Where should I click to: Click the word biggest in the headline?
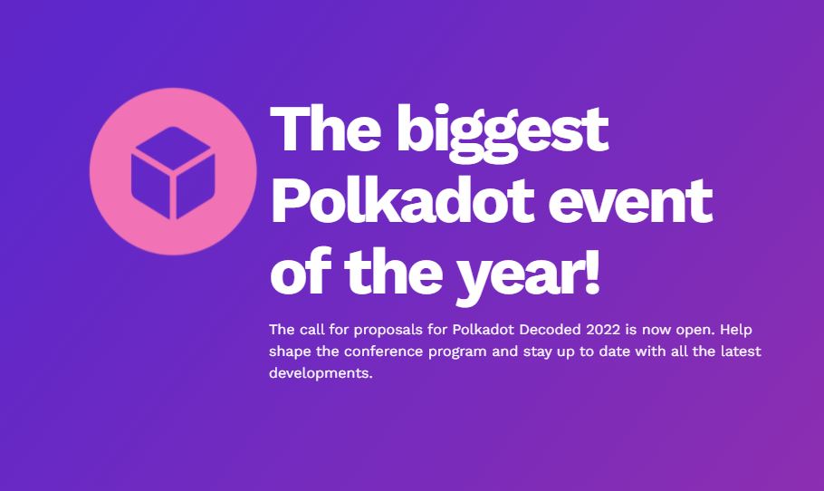click(503, 132)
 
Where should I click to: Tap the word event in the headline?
click(630, 202)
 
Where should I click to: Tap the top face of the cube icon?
click(172, 149)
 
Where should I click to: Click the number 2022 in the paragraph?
click(603, 330)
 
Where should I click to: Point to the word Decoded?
click(551, 330)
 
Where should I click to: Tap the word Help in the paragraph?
click(735, 330)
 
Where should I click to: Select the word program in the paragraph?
click(457, 352)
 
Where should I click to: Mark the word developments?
click(321, 374)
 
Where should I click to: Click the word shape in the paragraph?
click(290, 352)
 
